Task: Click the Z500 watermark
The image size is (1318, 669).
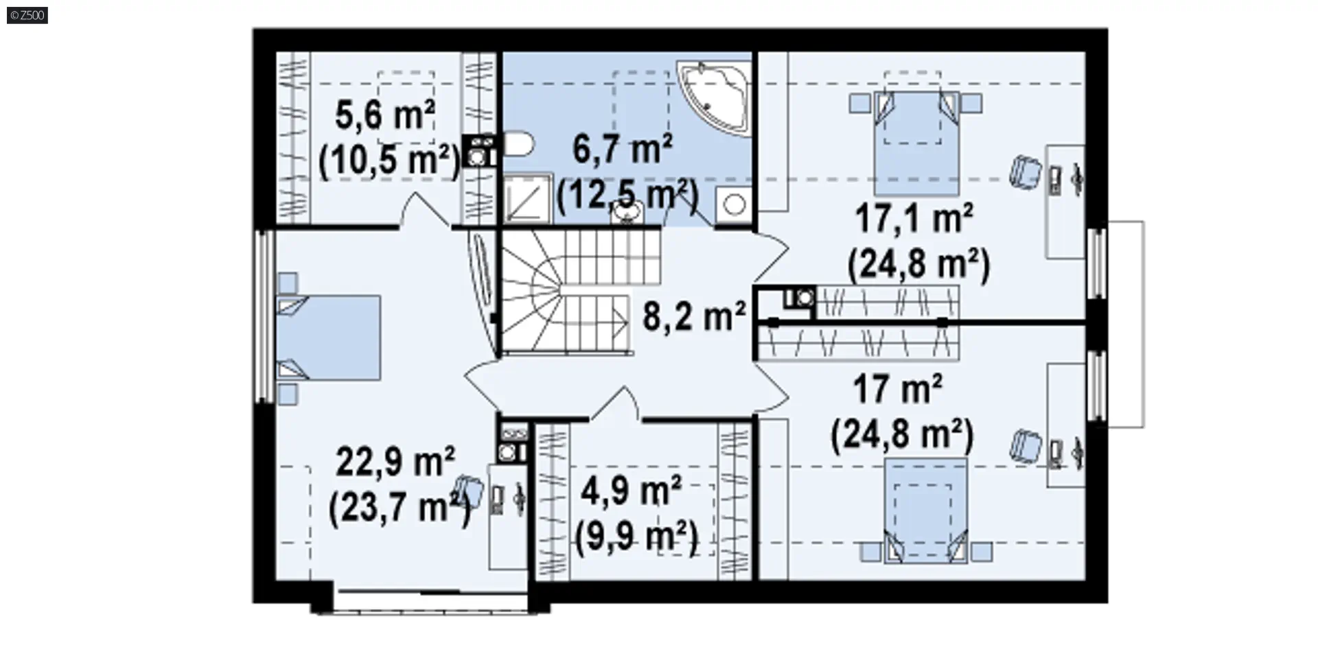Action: pos(27,15)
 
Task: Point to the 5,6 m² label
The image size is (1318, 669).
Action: pos(385,115)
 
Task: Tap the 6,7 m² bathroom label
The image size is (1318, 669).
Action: pos(622,149)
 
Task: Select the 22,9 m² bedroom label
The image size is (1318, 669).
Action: pos(395,461)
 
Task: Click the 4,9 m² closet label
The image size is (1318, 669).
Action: pos(631,491)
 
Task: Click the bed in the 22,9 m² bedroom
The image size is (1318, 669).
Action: pos(328,338)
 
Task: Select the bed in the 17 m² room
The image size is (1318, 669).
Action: pos(925,511)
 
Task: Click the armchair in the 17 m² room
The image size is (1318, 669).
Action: pos(1026,446)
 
